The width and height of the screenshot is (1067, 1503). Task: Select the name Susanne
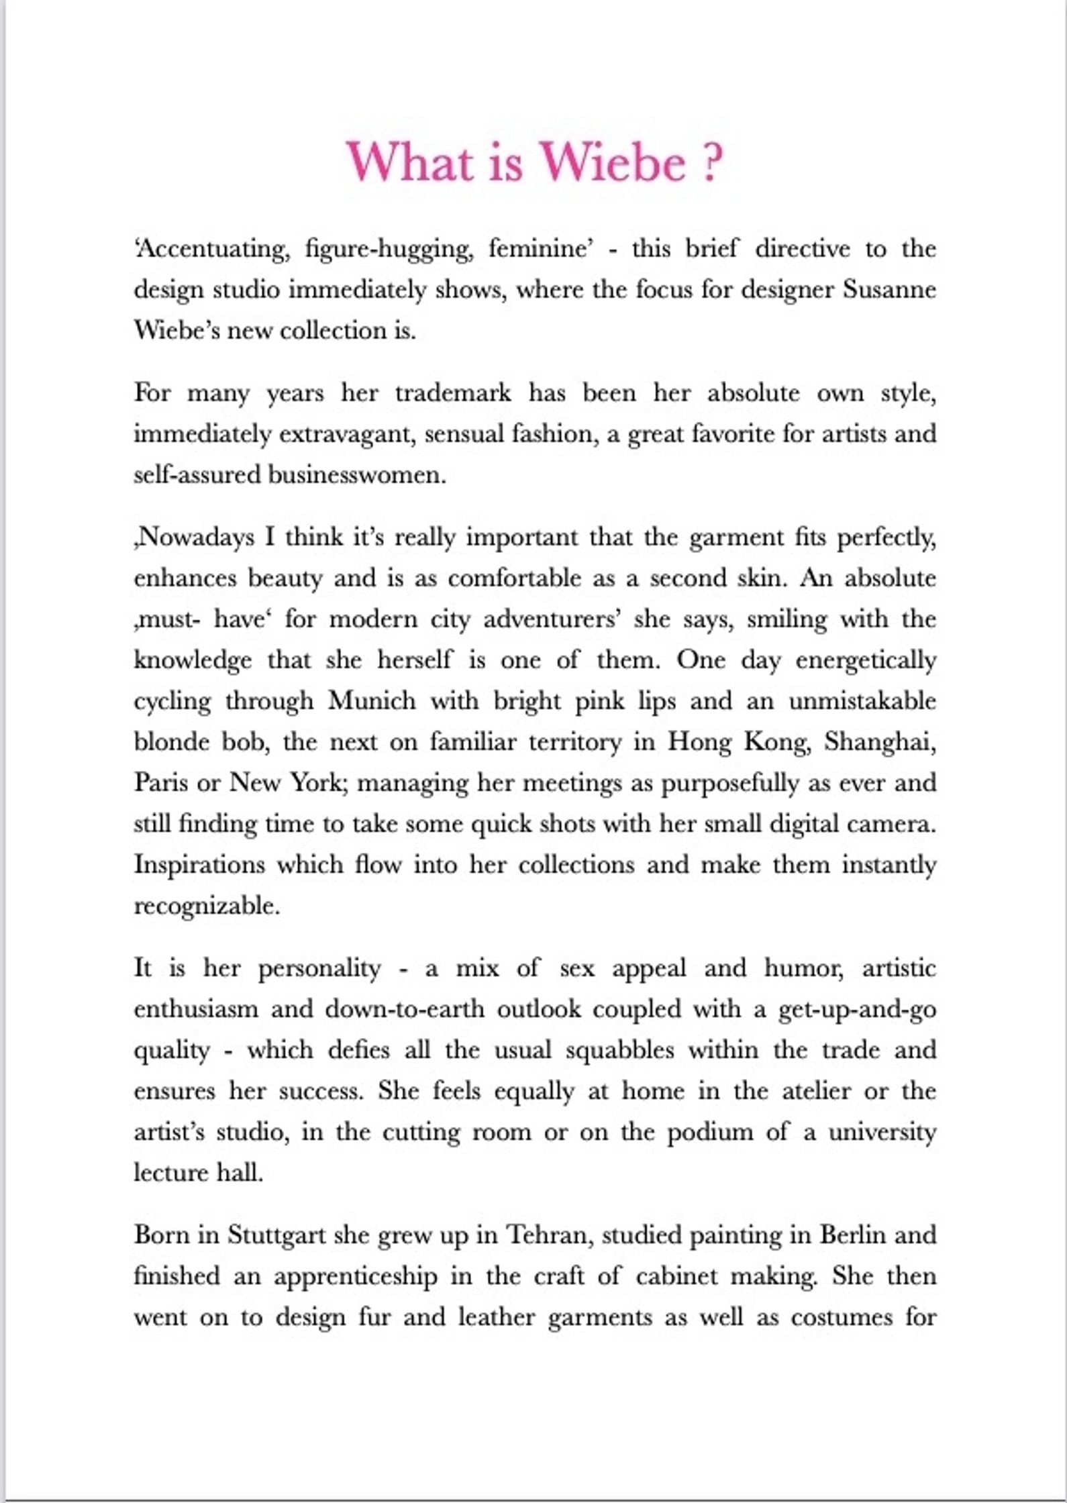(x=889, y=290)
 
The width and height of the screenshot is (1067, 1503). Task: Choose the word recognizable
(x=206, y=906)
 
